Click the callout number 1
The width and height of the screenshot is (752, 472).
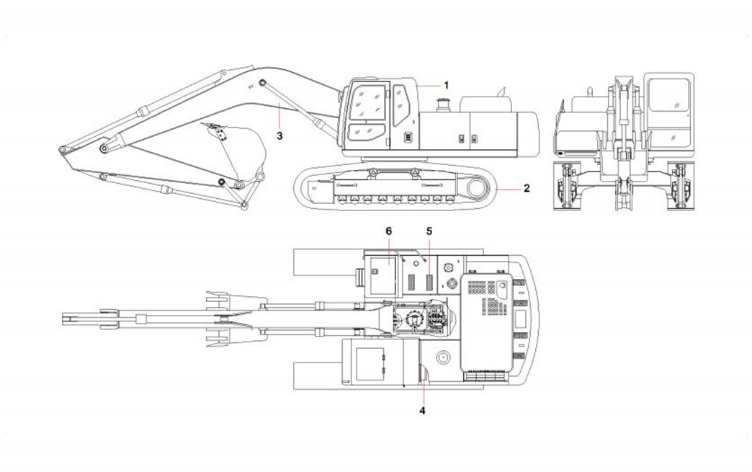[x=446, y=85]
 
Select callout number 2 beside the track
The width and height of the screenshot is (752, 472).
[x=527, y=189]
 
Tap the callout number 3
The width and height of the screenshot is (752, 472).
[x=279, y=134]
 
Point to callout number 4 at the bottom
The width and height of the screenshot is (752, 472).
[x=423, y=410]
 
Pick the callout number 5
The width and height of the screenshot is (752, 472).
[x=429, y=231]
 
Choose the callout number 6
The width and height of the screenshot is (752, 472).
[x=388, y=231]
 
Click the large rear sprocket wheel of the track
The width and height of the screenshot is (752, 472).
[x=478, y=189]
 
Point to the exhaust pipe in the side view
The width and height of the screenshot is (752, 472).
[x=502, y=92]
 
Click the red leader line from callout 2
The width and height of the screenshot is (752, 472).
[x=509, y=189]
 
